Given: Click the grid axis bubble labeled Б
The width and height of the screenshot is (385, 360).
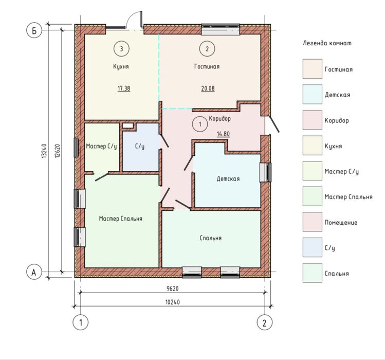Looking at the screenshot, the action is point(34,30).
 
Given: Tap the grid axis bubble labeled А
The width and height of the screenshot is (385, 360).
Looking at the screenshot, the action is point(34,272).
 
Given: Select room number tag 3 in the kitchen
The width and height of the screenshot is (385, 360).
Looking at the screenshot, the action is point(121,49).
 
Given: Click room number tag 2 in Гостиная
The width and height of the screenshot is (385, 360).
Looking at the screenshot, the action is point(207,49).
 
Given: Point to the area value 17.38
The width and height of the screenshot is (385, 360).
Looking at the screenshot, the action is point(124,88).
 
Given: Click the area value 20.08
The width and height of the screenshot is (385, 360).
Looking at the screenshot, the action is point(208,88).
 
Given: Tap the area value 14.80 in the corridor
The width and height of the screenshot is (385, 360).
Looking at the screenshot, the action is point(223,134).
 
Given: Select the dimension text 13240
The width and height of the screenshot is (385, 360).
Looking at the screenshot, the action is point(44,151).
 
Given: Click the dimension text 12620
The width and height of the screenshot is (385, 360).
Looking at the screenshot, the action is point(57,151).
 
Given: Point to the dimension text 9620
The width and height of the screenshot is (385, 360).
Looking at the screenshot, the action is point(173,288).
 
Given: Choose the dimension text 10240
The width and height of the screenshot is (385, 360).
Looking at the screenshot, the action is point(173,302).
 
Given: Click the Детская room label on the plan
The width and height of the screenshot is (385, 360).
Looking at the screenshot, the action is point(228,178).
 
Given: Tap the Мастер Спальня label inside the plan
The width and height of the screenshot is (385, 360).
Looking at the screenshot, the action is point(121,219).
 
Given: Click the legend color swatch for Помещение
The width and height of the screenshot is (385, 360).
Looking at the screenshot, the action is point(313,222).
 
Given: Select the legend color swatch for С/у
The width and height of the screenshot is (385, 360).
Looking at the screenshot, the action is point(313,247).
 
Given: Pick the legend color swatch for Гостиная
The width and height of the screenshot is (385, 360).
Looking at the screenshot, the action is point(313,69).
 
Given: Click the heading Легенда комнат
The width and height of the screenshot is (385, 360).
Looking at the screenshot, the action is point(327,43).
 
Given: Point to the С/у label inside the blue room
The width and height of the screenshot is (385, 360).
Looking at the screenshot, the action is point(140,147).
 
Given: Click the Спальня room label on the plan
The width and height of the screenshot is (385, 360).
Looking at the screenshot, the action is point(211,238).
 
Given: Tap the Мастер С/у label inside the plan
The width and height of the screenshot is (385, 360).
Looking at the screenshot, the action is point(101,147).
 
